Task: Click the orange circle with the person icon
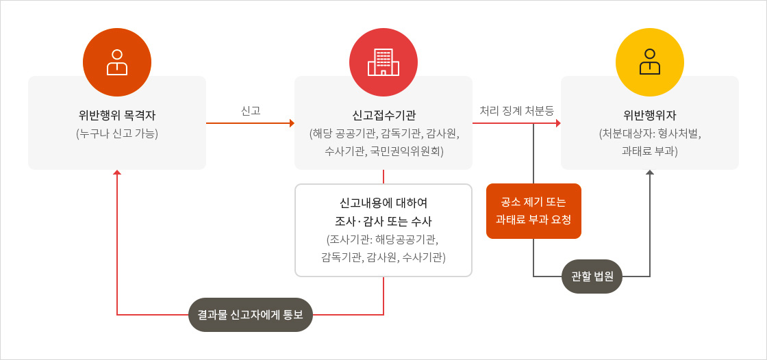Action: point(117,62)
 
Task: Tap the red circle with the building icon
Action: point(383,62)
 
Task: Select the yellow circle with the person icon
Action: point(650,62)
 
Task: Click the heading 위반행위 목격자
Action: point(117,116)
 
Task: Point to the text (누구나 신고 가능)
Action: point(117,133)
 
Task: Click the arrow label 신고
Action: point(251,111)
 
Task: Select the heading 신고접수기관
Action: point(383,116)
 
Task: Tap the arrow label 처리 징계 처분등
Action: point(516,111)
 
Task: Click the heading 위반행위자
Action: point(650,116)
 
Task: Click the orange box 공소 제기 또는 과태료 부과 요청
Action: point(533,211)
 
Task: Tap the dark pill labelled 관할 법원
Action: point(592,277)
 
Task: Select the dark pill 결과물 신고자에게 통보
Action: point(251,315)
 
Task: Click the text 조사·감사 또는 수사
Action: point(383,222)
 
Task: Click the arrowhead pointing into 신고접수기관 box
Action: point(292,123)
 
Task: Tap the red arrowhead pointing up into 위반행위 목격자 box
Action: point(117,172)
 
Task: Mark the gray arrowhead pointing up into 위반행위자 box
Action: point(650,172)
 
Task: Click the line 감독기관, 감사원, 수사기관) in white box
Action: point(383,257)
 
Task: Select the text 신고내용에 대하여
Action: point(383,203)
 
